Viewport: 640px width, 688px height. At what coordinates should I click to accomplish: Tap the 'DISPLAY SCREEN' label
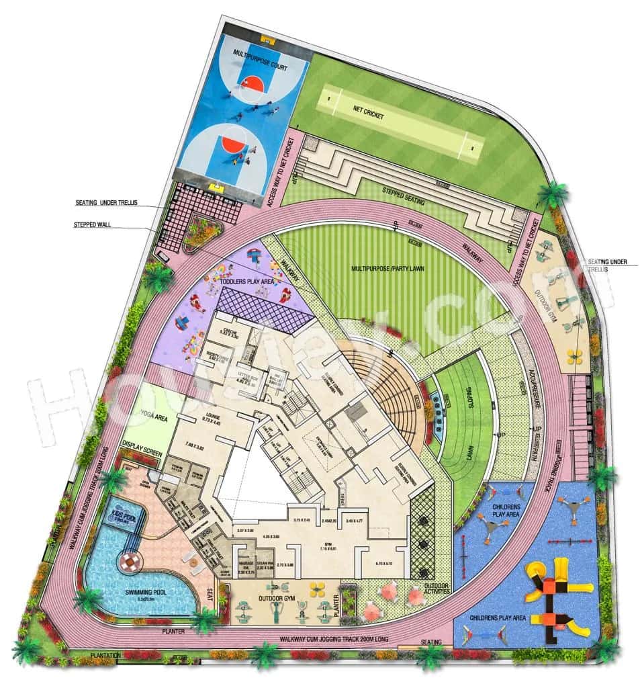[x=142, y=445]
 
